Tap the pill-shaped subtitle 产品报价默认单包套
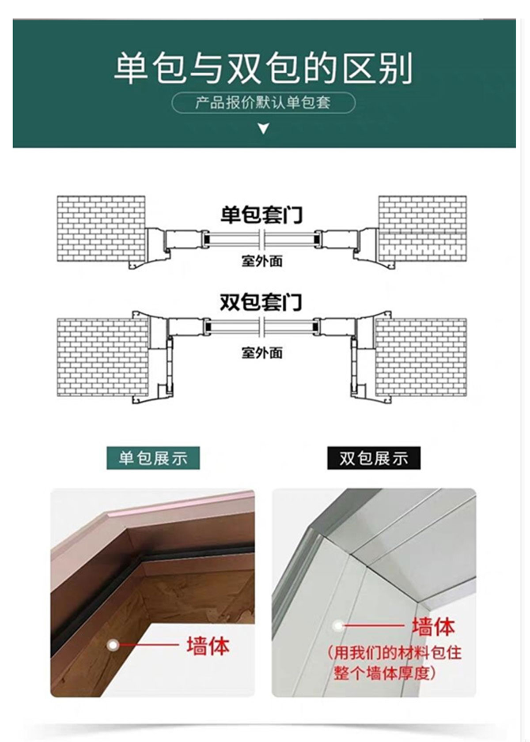tap(263, 103)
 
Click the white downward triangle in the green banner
tap(264, 129)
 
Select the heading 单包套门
tap(261, 215)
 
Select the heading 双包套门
tap(261, 303)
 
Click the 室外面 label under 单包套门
tap(261, 261)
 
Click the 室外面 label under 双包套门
tap(261, 353)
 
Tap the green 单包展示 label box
tap(153, 458)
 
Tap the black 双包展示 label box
tap(374, 458)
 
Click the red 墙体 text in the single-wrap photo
tap(208, 646)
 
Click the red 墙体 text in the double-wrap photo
tap(433, 626)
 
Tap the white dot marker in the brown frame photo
tap(113, 645)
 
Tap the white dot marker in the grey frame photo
tap(338, 625)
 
